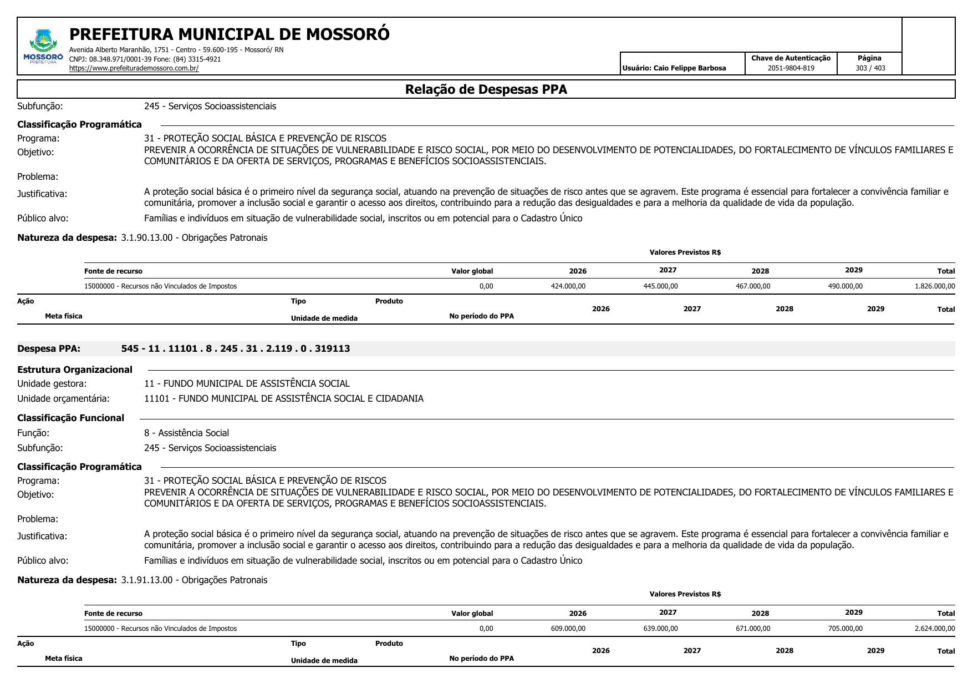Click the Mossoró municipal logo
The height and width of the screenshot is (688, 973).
(x=43, y=46)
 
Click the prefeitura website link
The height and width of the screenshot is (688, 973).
(x=134, y=69)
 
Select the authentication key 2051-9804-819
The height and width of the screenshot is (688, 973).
(x=791, y=68)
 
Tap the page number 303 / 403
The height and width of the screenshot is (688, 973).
(x=870, y=68)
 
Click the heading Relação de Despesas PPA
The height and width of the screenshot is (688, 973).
(x=486, y=89)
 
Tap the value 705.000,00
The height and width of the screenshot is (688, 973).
(x=845, y=629)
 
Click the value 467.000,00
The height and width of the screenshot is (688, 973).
(x=752, y=286)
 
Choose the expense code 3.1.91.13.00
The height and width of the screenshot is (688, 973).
(x=147, y=580)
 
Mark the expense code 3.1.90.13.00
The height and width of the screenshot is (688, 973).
(x=147, y=238)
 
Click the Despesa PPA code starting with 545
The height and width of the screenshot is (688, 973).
(x=236, y=349)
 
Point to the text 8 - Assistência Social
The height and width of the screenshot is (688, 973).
(x=186, y=433)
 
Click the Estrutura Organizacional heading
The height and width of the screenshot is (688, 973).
(x=75, y=370)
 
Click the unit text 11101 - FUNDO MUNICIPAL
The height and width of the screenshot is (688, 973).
(x=283, y=399)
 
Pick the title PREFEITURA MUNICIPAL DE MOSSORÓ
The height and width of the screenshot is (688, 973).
(x=229, y=34)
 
